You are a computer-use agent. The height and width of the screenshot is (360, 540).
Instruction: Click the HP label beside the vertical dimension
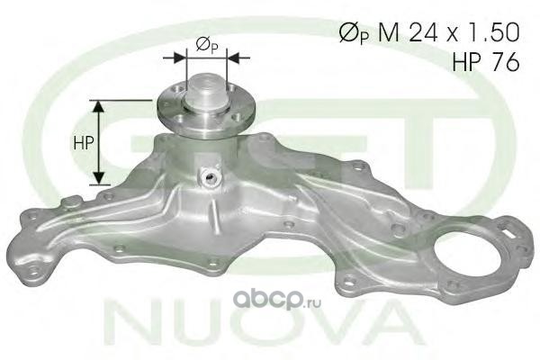click(x=84, y=142)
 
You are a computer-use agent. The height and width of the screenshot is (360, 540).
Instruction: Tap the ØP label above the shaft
click(x=207, y=46)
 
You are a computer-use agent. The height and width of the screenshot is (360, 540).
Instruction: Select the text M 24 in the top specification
click(x=408, y=33)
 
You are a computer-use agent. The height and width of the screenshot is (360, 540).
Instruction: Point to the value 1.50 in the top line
click(x=493, y=33)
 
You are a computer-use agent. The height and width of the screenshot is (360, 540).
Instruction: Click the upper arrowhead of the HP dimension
click(x=99, y=106)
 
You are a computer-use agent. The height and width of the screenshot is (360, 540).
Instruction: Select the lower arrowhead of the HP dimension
click(x=99, y=178)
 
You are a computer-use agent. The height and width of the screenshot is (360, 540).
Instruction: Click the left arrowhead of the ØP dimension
click(x=179, y=58)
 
